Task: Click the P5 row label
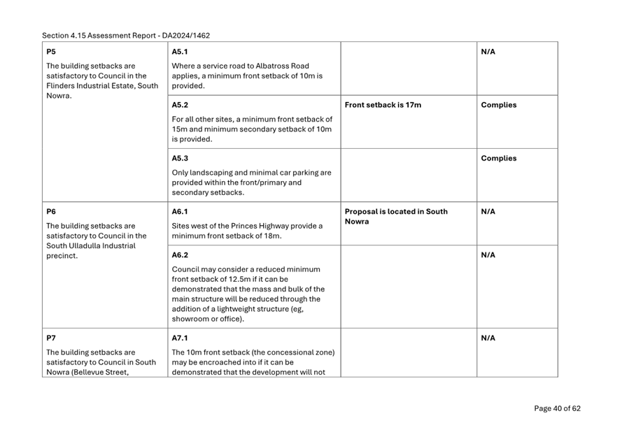click(x=50, y=52)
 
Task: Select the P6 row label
click(x=50, y=211)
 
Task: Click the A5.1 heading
click(x=181, y=52)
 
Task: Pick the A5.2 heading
click(x=181, y=106)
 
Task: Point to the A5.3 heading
click(x=181, y=158)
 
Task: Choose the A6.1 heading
click(x=181, y=211)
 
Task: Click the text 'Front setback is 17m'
click(x=383, y=106)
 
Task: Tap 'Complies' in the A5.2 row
click(x=499, y=106)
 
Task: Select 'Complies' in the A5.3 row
click(x=499, y=159)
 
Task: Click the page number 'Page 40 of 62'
click(x=557, y=409)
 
